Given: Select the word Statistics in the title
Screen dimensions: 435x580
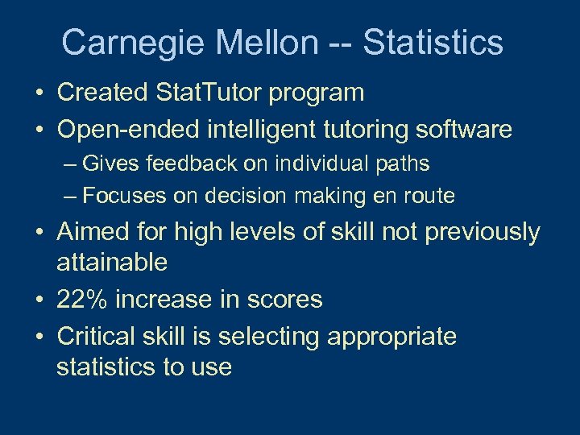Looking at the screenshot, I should pyautogui.click(x=433, y=43).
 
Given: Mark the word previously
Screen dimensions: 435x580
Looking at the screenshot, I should pyautogui.click(x=482, y=232).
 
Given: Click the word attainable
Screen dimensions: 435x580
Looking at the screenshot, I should pyautogui.click(x=112, y=262).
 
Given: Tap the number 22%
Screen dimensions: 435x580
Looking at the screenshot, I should pyautogui.click(x=83, y=300).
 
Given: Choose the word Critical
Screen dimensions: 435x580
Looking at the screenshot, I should pyautogui.click(x=100, y=336).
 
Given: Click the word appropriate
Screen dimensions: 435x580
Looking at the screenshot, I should pyautogui.click(x=391, y=336).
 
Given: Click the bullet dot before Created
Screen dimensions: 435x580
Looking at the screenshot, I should pyautogui.click(x=39, y=93).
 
